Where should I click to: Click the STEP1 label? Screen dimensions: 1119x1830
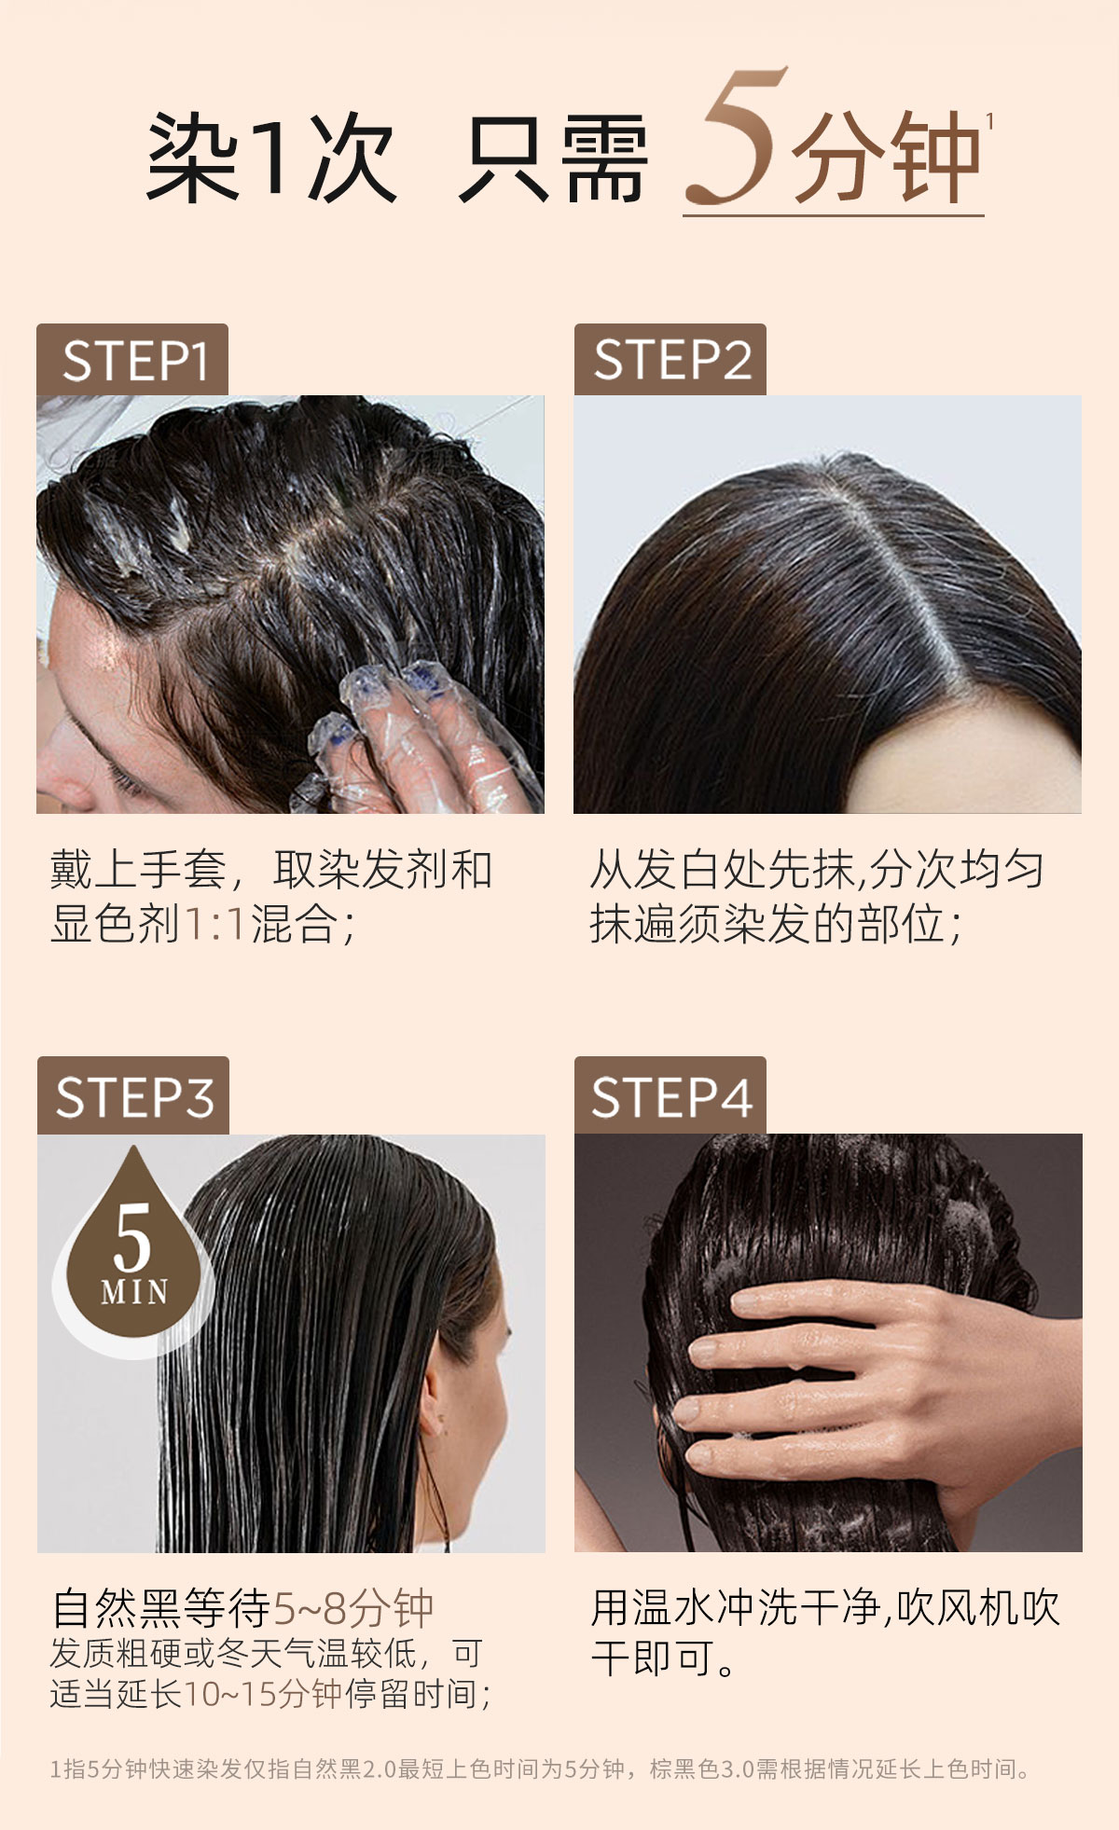coord(132,360)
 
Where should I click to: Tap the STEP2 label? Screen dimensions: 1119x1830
coord(670,360)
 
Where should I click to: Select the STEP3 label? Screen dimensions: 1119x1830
coord(133,1096)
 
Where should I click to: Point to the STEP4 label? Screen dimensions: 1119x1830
coord(670,1096)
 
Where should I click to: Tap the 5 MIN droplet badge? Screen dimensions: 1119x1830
coord(133,1249)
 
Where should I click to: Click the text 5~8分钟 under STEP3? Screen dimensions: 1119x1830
coord(352,1608)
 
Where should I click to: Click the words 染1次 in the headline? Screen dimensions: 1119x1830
coord(271,157)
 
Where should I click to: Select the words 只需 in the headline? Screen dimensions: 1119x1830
coord(553,157)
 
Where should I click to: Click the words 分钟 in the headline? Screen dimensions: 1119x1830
coord(886,157)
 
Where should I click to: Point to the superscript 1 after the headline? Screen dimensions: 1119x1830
coord(989,121)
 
